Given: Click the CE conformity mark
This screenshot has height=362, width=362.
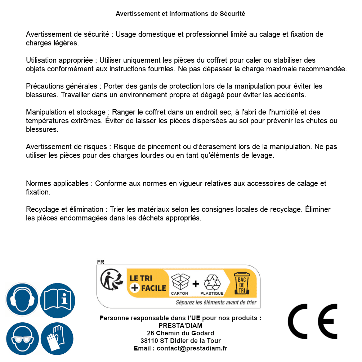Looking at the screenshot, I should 313,321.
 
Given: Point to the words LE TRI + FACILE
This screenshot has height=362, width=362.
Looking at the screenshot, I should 148,283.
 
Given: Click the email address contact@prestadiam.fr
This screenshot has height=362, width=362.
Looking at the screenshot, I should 192,348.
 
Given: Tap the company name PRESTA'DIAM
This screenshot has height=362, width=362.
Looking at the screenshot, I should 180,326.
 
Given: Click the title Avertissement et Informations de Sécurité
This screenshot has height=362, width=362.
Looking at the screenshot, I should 180,14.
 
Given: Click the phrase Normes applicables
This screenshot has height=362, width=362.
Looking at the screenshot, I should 57,183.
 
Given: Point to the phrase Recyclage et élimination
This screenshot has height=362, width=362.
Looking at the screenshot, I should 64,209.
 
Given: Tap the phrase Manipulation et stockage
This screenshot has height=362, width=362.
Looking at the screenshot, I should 66,112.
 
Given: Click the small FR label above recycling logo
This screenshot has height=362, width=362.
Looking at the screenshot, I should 100,262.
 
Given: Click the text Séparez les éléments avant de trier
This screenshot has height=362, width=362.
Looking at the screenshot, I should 216,303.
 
